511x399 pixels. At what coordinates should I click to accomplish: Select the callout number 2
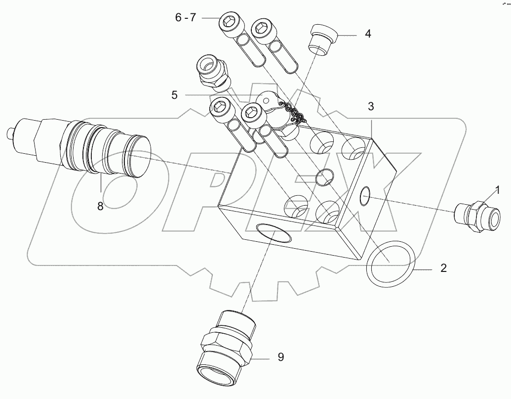[443, 268]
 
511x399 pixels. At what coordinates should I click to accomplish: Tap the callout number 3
[371, 107]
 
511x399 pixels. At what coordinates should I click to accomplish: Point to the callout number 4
[367, 35]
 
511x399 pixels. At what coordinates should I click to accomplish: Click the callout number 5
[174, 95]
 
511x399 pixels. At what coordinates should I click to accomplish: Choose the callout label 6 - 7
[186, 18]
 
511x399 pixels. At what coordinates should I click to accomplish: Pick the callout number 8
[100, 206]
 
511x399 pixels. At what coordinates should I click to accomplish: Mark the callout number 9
[280, 357]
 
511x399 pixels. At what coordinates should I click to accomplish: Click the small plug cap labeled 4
[321, 40]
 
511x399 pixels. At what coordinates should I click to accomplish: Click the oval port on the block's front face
[273, 232]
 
